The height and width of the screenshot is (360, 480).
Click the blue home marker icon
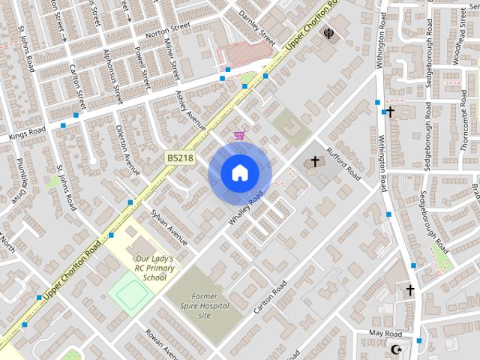tap(239, 173)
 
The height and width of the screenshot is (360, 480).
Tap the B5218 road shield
tap(180, 157)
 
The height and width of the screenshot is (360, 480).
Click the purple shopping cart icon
tap(239, 135)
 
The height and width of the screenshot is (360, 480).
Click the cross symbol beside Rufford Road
tap(314, 161)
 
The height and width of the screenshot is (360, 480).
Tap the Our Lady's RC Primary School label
tap(154, 268)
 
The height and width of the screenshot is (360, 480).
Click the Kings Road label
tap(28, 134)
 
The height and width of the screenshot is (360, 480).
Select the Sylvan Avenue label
tap(169, 226)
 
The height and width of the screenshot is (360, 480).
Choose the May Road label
tap(385, 333)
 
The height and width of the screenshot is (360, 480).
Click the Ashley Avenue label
tap(190, 110)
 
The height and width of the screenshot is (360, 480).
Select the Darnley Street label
tap(256, 24)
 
